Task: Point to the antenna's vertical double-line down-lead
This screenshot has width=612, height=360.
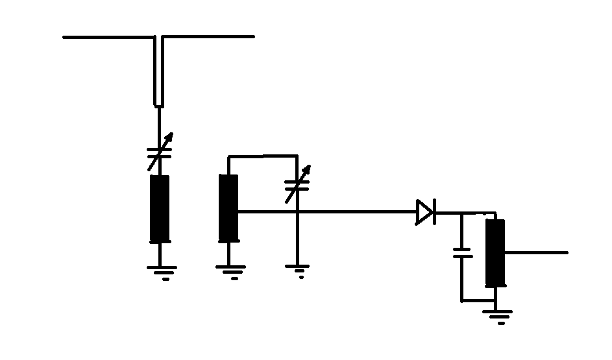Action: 159,71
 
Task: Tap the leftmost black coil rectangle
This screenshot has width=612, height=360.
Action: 160,208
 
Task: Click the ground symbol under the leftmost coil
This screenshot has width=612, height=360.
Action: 160,271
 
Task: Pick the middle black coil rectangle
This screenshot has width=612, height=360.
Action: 228,208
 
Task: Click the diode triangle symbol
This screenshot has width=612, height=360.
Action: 425,212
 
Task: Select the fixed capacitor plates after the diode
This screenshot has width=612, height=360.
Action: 462,253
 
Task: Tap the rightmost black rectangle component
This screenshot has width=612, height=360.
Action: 495,253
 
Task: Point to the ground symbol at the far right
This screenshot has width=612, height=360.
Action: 496,316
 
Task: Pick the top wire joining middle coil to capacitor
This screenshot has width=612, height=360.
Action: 262,156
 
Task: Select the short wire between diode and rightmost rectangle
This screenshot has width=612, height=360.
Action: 465,213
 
